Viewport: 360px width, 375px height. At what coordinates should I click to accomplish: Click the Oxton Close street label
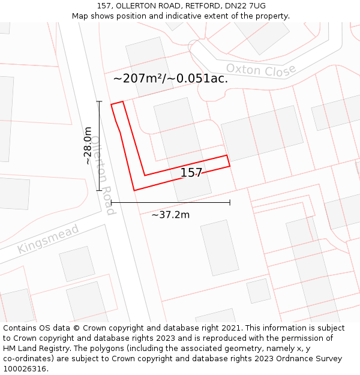pos(261,70)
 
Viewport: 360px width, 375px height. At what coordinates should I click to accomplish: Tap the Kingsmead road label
pos(40,239)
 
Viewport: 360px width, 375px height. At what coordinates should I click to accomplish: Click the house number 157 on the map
pos(191,173)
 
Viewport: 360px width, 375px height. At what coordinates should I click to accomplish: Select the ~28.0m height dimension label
pos(88,146)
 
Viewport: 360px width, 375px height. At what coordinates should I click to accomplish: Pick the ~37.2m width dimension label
pos(170,214)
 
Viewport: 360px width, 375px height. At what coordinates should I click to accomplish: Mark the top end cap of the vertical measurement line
pos(99,101)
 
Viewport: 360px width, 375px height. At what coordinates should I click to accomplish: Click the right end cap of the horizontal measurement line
pos(230,202)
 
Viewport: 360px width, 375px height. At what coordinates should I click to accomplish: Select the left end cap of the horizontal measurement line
pos(111,202)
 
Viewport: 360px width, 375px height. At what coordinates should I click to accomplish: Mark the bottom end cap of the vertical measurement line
pos(99,190)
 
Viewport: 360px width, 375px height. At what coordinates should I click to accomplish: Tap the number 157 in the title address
pos(104,6)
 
